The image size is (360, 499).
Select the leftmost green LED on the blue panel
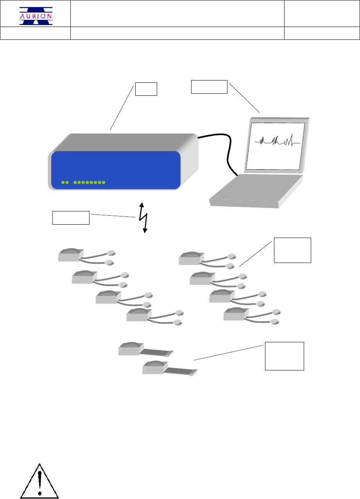[63, 182]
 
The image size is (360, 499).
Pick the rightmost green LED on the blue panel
[104, 182]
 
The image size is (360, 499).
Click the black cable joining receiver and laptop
[226, 152]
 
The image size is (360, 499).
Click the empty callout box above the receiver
[146, 89]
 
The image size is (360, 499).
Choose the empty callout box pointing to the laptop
[209, 87]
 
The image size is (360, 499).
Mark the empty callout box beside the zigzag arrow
[71, 218]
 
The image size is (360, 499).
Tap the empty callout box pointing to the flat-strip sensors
[285, 356]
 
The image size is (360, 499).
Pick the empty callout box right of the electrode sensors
[292, 250]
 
